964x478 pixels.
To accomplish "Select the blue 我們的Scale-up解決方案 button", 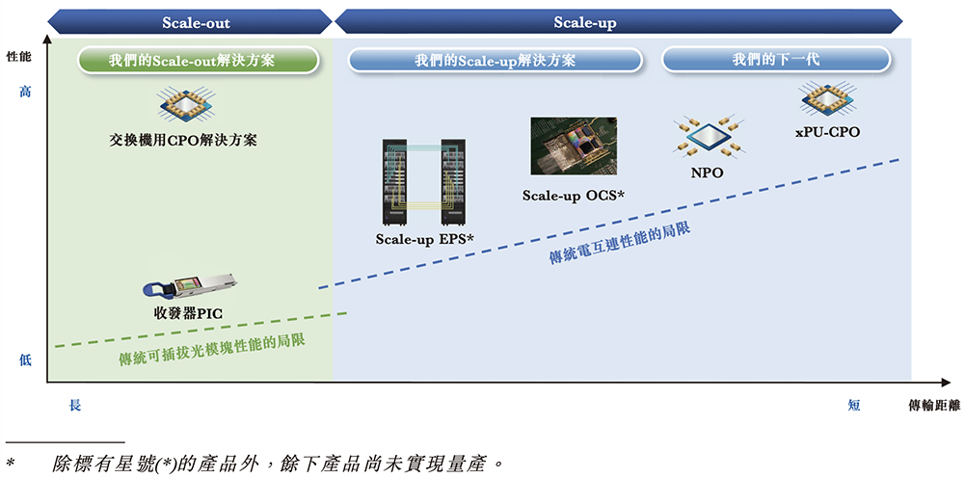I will coord(495,60).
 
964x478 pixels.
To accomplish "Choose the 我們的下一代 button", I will coord(775,60).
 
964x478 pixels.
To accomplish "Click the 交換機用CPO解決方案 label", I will coord(183,140).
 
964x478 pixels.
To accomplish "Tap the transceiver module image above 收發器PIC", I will coord(189,287).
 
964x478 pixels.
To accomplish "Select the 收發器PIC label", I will coord(189,313).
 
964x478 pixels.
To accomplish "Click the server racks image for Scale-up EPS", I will coord(425,183).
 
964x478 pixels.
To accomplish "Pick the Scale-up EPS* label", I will coord(425,238).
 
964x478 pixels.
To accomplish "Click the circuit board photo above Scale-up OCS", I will coord(574,146).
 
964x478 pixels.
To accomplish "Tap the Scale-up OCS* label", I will coord(574,195).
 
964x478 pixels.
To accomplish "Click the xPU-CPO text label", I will coord(827,131).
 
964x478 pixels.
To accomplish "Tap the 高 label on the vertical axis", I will coord(25,92).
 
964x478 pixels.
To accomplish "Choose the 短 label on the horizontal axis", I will coord(854,406).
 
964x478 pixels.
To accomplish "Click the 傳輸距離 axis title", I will coord(933,406).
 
